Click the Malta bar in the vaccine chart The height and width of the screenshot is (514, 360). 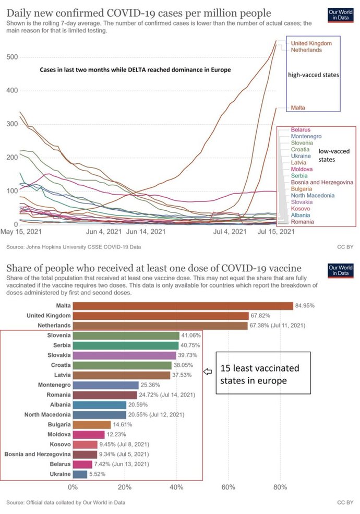pyautogui.click(x=183, y=306)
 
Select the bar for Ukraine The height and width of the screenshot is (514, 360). pyautogui.click(x=80, y=474)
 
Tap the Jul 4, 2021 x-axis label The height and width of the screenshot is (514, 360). pyautogui.click(x=230, y=231)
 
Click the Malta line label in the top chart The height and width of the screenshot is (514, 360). pyautogui.click(x=298, y=107)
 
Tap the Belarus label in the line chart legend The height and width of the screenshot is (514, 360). pyautogui.click(x=301, y=129)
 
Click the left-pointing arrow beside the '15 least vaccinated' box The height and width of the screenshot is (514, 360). pyautogui.click(x=208, y=372)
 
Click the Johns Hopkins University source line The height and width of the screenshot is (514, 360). pyautogui.click(x=73, y=246)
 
